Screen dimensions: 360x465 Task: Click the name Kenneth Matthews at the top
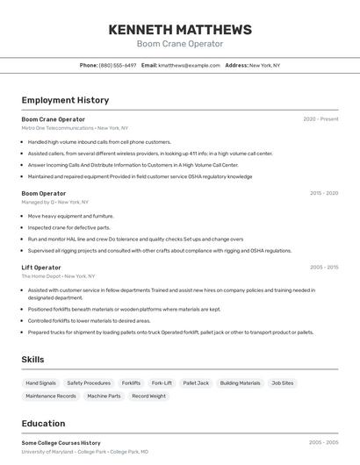pyautogui.click(x=180, y=30)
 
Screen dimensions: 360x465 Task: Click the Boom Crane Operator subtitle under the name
pyautogui.click(x=180, y=44)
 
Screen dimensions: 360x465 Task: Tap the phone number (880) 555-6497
pyautogui.click(x=118, y=65)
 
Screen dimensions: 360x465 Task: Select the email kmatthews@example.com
pyautogui.click(x=189, y=65)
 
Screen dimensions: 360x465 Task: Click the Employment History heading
pyautogui.click(x=65, y=100)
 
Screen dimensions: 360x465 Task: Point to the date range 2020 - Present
pyautogui.click(x=320, y=119)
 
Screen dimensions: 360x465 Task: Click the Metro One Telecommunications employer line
pyautogui.click(x=75, y=128)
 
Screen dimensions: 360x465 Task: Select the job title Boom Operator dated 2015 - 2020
pyautogui.click(x=44, y=193)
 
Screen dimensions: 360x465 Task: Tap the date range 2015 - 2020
pyautogui.click(x=324, y=193)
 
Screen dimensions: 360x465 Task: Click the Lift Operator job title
pyautogui.click(x=41, y=268)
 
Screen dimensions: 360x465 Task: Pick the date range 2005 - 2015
pyautogui.click(x=324, y=268)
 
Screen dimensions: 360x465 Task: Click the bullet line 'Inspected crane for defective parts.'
pyautogui.click(x=69, y=227)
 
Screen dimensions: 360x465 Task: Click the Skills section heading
pyautogui.click(x=33, y=360)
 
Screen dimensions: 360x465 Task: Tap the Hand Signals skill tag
pyautogui.click(x=41, y=383)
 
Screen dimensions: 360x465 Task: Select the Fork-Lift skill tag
pyautogui.click(x=162, y=383)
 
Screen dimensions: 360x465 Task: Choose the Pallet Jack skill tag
pyautogui.click(x=196, y=383)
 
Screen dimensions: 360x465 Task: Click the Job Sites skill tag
pyautogui.click(x=283, y=383)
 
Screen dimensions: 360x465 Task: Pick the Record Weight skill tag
pyautogui.click(x=148, y=397)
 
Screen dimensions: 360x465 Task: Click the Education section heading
pyautogui.click(x=43, y=423)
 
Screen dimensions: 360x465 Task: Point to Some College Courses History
pyautogui.click(x=61, y=443)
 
